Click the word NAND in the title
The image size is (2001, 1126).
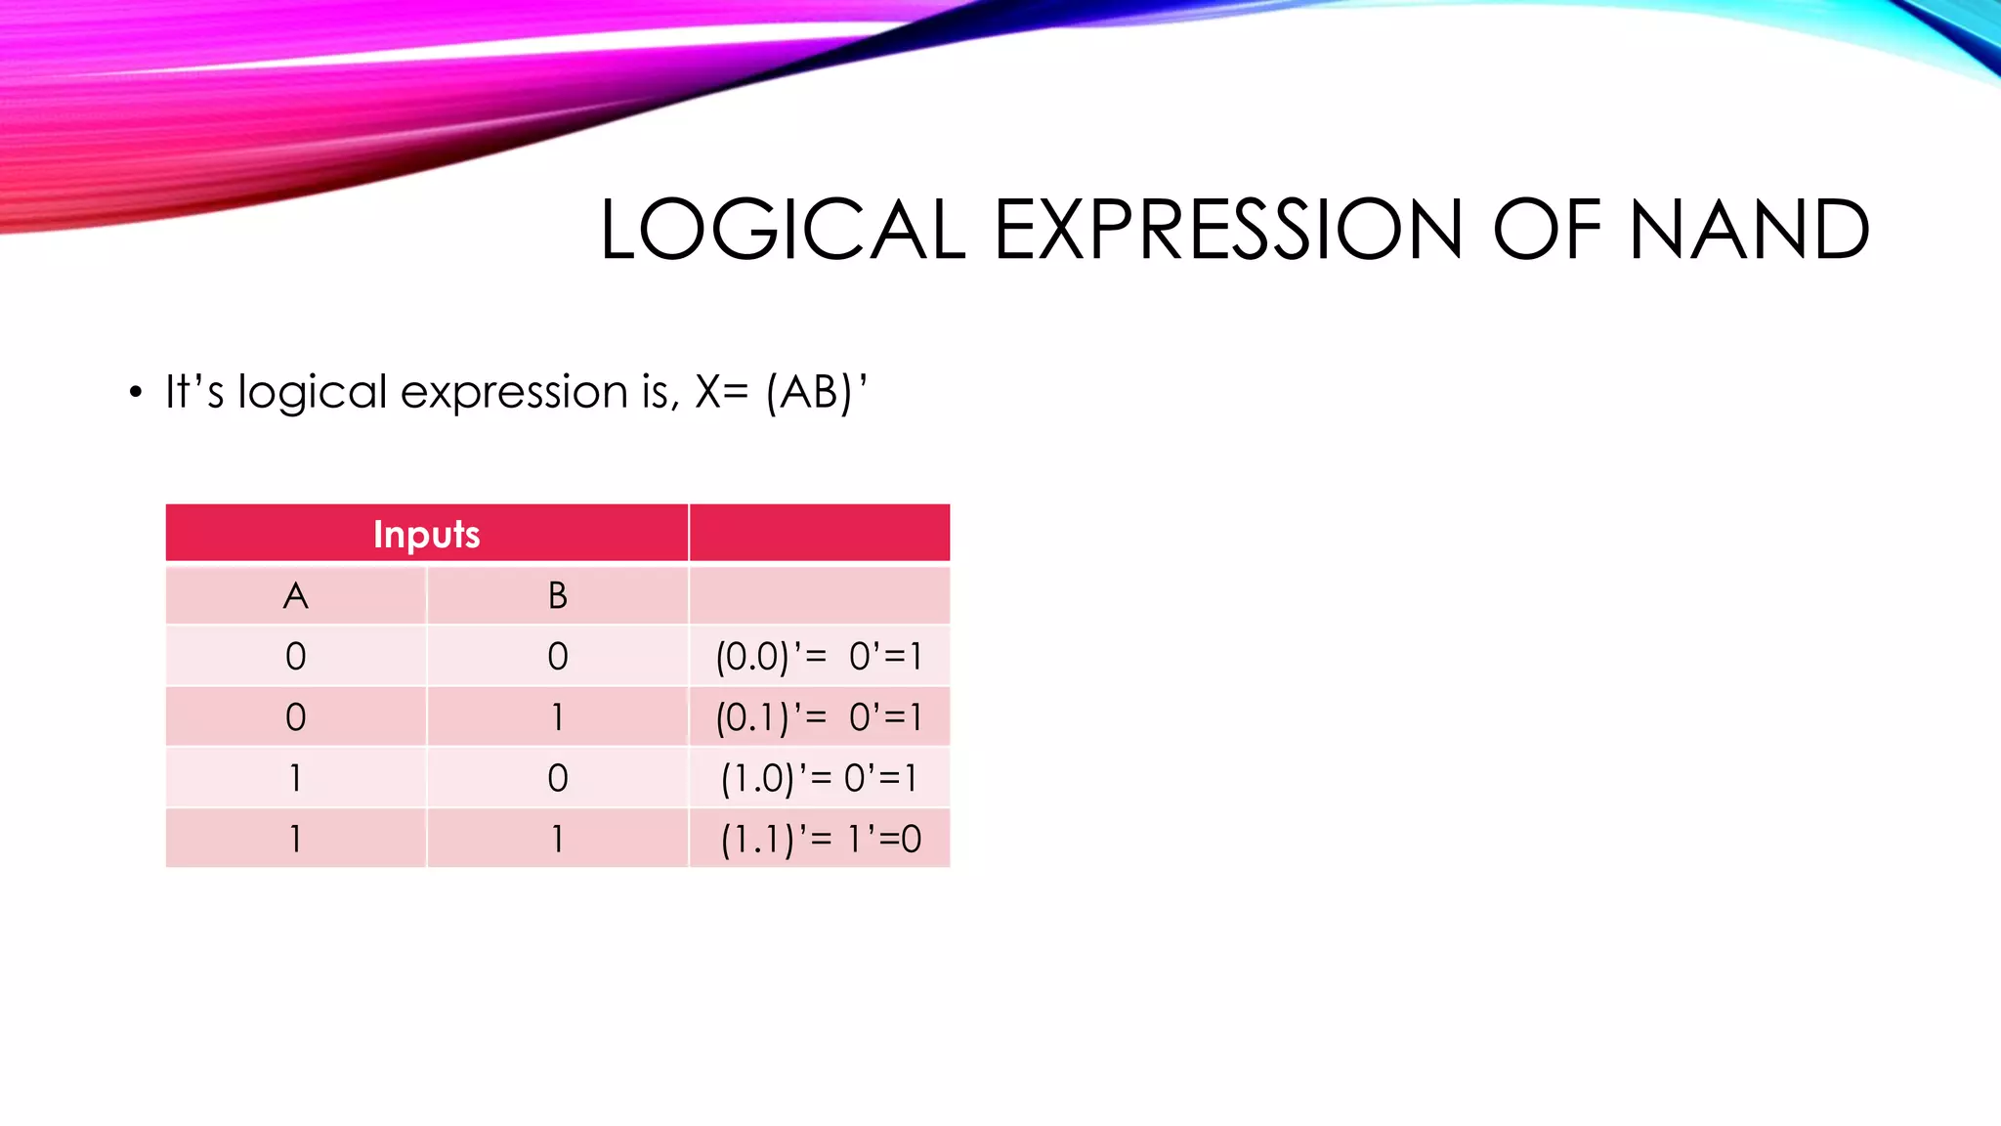[x=1749, y=230]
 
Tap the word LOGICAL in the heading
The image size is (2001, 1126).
[x=783, y=230]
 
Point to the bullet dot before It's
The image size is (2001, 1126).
[x=136, y=393]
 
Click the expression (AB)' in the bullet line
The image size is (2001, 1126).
[x=817, y=392]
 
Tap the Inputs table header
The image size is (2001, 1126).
[x=427, y=534]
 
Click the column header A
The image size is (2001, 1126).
[x=296, y=595]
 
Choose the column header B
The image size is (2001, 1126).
[x=558, y=595]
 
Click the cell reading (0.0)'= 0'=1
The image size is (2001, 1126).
[x=819, y=656]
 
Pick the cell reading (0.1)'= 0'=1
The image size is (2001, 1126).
[x=819, y=717]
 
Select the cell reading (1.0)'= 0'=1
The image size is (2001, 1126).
[x=819, y=778]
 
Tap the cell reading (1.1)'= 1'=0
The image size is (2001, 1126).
[x=819, y=839]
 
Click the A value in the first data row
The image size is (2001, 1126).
[x=296, y=656]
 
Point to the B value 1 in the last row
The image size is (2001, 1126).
[x=558, y=839]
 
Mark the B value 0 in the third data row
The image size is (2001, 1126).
[x=558, y=778]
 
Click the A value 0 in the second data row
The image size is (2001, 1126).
[x=296, y=717]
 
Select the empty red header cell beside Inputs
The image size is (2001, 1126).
[x=819, y=534]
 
